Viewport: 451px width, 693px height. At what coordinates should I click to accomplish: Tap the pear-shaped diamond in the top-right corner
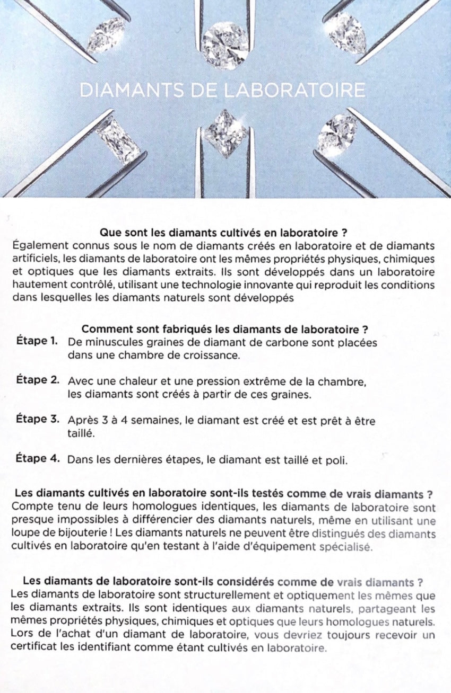[x=346, y=33]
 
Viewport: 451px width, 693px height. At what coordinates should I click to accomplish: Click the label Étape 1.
[x=37, y=341]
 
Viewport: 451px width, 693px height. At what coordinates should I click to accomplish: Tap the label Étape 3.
[x=37, y=419]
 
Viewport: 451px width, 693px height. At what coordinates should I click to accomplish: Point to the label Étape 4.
[x=37, y=458]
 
